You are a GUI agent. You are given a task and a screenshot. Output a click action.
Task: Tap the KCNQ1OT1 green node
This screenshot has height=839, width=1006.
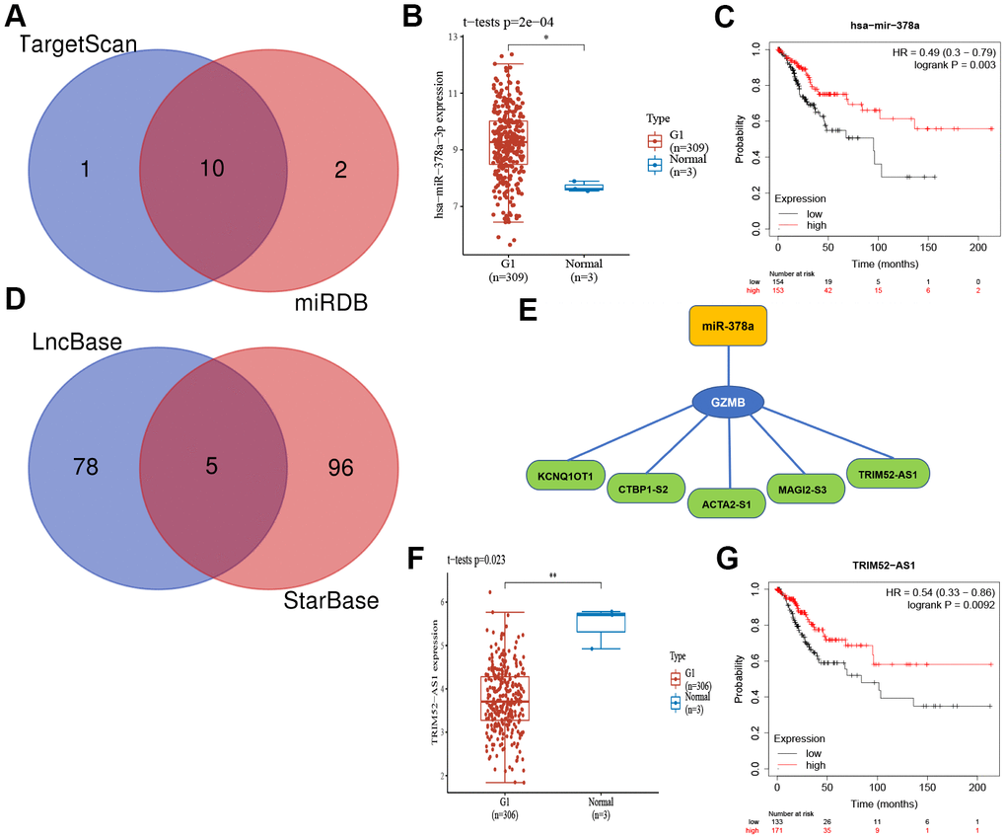(565, 477)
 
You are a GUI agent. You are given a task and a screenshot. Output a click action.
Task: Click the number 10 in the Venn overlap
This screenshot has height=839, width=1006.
(213, 169)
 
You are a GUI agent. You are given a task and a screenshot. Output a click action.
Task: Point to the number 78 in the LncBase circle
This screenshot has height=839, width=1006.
(86, 466)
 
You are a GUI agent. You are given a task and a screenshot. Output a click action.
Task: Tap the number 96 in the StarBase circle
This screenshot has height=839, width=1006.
(340, 466)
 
